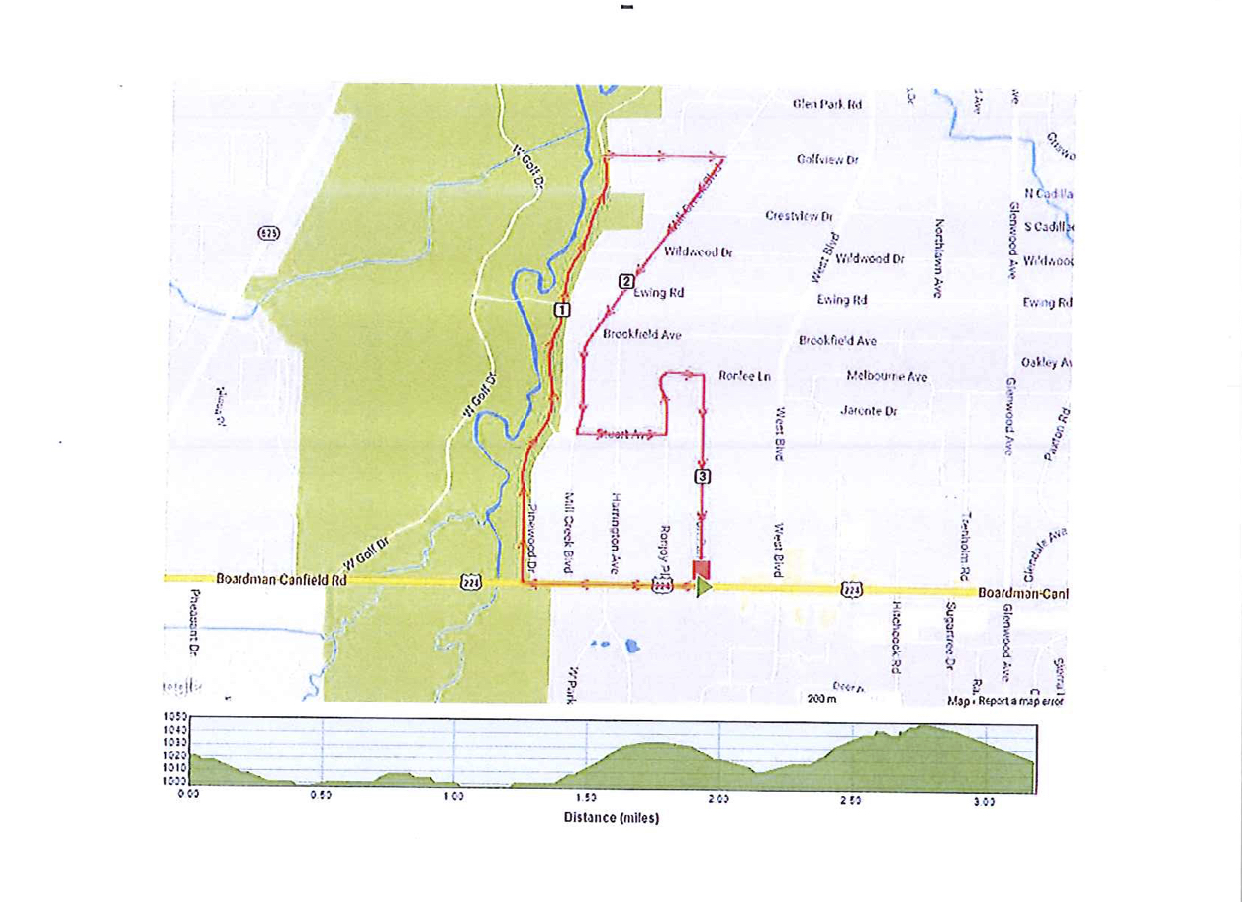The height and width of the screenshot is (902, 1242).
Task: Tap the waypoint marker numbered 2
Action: coord(625,281)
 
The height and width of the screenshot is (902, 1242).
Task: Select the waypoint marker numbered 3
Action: coord(703,477)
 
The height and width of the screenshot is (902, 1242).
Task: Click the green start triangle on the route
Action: coord(704,587)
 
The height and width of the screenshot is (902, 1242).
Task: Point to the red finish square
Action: coord(701,568)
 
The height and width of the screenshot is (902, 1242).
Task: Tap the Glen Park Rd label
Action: coord(827,104)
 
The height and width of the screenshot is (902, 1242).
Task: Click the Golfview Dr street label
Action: coord(826,159)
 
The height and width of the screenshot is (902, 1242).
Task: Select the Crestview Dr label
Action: coord(800,216)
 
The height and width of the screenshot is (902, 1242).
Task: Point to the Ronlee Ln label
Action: coord(744,376)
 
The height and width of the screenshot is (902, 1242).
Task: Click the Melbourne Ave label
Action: coord(887,376)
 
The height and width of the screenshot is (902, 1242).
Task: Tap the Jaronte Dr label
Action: coord(868,410)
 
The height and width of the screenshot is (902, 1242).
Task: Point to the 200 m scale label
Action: coord(821,700)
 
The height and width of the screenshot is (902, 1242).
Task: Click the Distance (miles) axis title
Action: coord(611,818)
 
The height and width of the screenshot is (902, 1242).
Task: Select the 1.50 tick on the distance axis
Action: coord(585,796)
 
